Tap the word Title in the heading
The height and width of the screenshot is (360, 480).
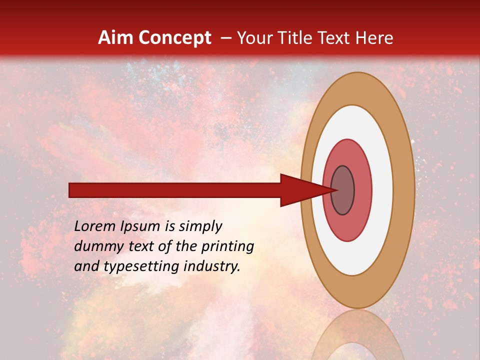click(x=294, y=38)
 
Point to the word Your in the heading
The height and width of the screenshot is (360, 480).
click(x=253, y=38)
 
